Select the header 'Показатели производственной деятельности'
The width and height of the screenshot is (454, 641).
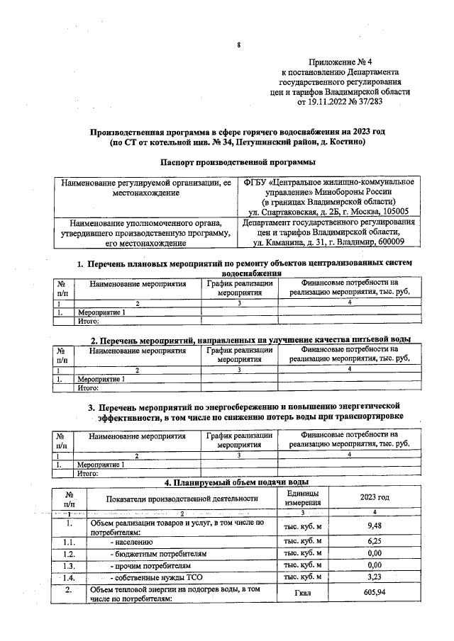point(182,498)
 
